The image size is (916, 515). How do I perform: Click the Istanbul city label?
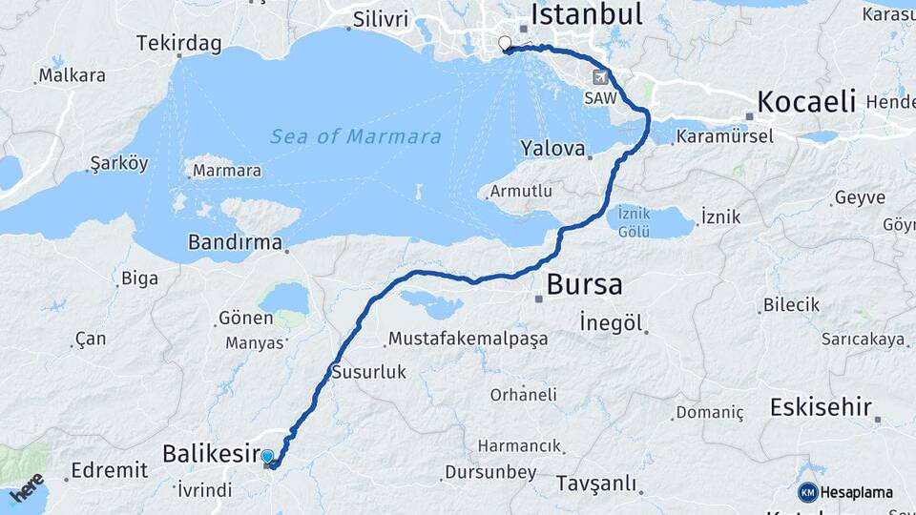click(x=586, y=14)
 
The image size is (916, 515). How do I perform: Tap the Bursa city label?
click(x=584, y=284)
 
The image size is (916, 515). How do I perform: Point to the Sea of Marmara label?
click(x=356, y=136)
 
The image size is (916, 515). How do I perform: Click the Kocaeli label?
click(x=806, y=102)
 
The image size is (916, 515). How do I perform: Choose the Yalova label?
click(x=552, y=148)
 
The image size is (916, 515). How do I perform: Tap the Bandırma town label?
click(x=235, y=242)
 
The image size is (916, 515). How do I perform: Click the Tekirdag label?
click(x=178, y=44)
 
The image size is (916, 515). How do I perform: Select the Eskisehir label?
click(x=821, y=408)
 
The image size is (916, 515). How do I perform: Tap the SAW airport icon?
click(x=600, y=77)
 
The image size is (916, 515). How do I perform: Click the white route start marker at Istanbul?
click(x=505, y=43)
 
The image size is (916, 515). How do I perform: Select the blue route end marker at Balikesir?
click(x=267, y=458)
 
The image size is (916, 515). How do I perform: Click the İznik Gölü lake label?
click(x=635, y=221)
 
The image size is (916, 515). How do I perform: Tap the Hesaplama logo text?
click(x=856, y=493)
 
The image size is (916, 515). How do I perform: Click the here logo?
click(x=27, y=488)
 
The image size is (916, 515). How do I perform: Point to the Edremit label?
click(x=109, y=470)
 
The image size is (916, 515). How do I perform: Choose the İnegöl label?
click(x=611, y=322)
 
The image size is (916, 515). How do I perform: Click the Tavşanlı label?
click(x=595, y=484)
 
